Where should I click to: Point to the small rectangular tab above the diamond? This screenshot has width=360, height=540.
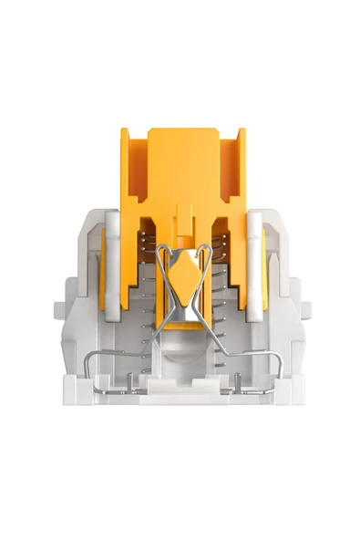coord(184,220)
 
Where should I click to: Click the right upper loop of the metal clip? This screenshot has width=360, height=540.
coord(206,259)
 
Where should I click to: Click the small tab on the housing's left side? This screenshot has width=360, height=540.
coord(60,309)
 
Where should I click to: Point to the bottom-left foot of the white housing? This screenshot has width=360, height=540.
coord(77,392)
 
